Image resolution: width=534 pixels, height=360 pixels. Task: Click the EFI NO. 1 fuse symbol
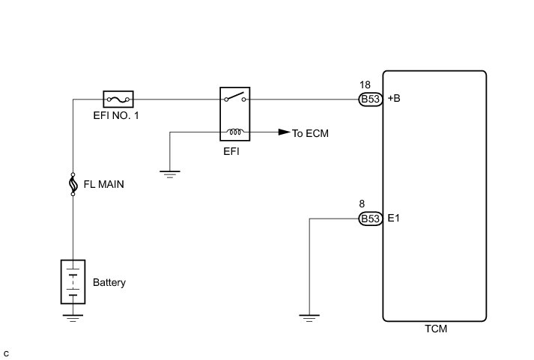[118, 98]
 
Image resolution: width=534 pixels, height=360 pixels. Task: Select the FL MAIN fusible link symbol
[73, 183]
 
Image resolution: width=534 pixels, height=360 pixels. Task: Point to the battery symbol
[73, 281]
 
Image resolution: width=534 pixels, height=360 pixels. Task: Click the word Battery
[109, 283]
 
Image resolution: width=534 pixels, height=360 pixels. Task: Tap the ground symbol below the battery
[73, 317]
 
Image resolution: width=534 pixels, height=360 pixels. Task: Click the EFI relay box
[234, 115]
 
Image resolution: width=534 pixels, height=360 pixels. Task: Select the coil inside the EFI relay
[234, 132]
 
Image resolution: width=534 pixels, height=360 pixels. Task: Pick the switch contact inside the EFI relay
[234, 97]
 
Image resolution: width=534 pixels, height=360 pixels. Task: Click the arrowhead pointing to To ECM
[283, 132]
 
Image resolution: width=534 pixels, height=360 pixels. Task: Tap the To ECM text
[311, 133]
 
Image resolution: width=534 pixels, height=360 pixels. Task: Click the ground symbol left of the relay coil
[171, 173]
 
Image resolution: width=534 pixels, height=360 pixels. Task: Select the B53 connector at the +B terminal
[370, 99]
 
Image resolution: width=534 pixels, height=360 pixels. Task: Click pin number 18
[365, 85]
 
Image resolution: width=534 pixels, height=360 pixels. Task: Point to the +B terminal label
[395, 99]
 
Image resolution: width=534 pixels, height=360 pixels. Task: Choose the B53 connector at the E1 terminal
[370, 219]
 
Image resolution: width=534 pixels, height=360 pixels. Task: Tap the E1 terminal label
[393, 219]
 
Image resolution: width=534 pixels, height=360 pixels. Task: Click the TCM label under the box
[434, 329]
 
